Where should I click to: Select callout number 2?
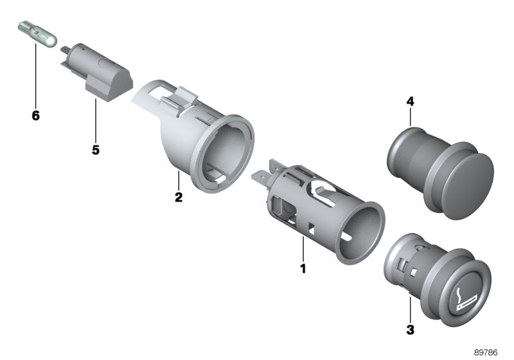[179, 197]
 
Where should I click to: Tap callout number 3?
[411, 330]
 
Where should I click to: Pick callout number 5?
[95, 150]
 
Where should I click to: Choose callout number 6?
[35, 116]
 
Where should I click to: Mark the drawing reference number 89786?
[487, 353]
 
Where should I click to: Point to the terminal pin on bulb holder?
[65, 48]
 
